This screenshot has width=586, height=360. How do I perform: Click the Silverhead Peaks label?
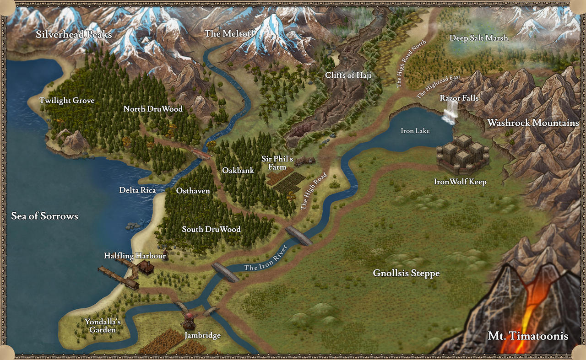(74, 35)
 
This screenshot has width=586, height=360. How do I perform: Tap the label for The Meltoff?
(225, 33)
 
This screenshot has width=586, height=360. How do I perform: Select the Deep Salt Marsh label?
(478, 38)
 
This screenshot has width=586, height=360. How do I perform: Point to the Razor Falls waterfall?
(450, 112)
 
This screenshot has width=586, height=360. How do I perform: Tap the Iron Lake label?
(415, 131)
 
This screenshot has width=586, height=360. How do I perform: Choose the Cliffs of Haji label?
(348, 75)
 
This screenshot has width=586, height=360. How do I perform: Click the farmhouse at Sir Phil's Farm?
(305, 161)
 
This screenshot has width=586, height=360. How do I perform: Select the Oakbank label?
(238, 171)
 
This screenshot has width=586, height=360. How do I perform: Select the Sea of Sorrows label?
(44, 216)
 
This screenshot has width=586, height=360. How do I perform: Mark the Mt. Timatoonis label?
(528, 336)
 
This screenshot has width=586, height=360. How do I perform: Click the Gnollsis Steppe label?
(406, 274)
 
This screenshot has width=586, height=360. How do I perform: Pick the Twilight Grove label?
(67, 101)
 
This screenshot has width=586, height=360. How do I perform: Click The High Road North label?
(411, 64)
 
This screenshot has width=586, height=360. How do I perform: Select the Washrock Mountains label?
(533, 123)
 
